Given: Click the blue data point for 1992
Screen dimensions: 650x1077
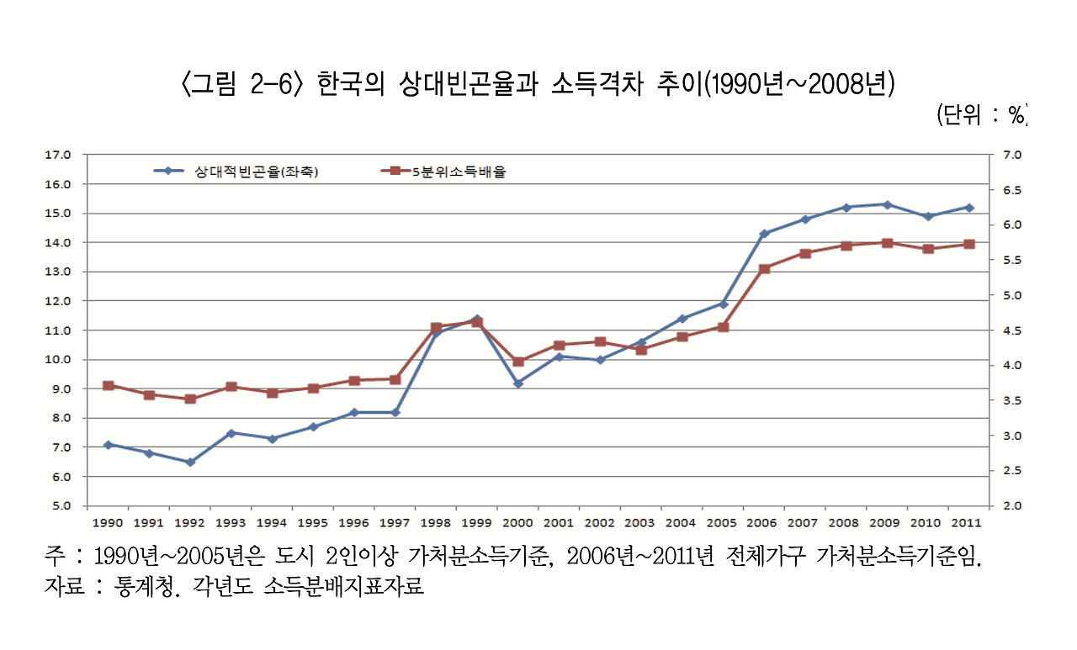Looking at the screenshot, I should pos(190,462).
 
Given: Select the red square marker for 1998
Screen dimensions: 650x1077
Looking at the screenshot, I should pos(436,327).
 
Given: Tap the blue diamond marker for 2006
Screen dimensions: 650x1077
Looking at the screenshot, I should pos(764,234).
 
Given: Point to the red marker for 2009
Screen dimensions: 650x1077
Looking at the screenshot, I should pos(887,243).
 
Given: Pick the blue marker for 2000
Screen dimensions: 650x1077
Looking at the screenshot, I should pos(518,383).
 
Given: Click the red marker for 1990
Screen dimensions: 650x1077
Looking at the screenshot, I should pos(108,385).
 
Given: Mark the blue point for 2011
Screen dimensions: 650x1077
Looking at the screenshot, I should pos(969,207).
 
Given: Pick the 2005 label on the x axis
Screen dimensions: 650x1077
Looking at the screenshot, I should pos(722,522).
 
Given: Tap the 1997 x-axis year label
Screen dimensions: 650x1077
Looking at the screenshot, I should pos(395,522).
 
